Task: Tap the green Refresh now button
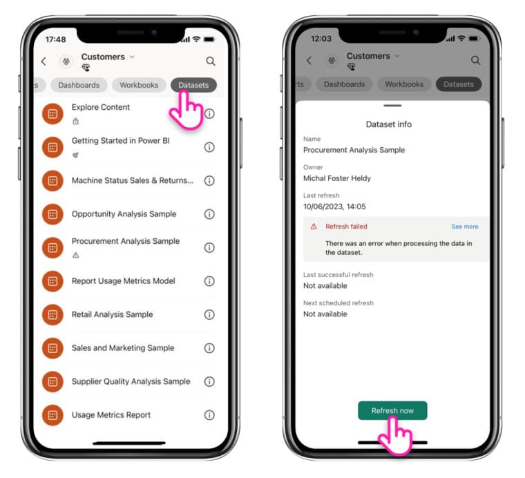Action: pos(392,410)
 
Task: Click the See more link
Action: pos(465,227)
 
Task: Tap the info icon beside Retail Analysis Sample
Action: pos(209,315)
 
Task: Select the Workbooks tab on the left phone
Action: pos(139,85)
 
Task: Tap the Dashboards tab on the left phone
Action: pos(79,85)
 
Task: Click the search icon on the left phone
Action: pos(211,61)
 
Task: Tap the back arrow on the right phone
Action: pos(309,61)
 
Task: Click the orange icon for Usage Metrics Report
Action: pos(52,415)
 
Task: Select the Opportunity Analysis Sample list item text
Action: pos(124,214)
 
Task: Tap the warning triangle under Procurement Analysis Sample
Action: pos(76,256)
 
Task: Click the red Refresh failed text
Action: pos(346,227)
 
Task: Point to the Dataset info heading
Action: pos(389,124)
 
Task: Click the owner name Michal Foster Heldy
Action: pos(337,178)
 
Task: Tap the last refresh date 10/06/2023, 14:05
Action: pos(334,207)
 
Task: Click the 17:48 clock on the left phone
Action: pos(55,39)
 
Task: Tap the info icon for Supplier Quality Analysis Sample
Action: pos(209,381)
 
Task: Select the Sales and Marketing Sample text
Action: pos(123,348)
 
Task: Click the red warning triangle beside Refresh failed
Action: pos(314,227)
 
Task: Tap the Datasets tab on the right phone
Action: pos(459,84)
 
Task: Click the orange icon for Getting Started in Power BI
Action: pos(52,147)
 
